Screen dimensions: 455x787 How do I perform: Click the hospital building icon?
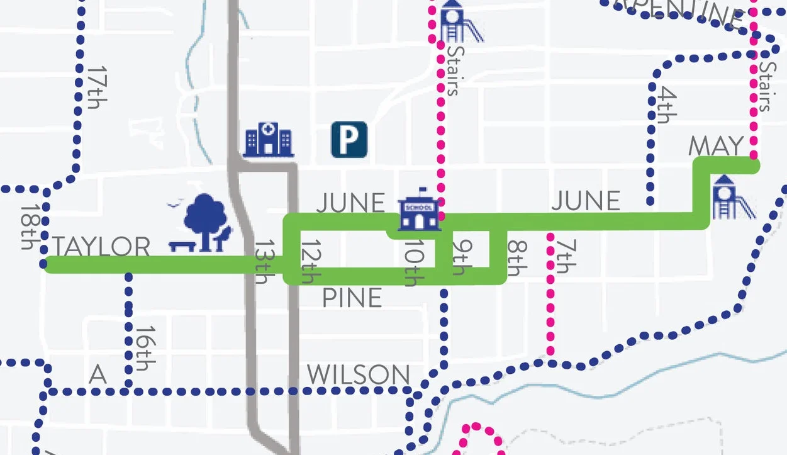point(269,139)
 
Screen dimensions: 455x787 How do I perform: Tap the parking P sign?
point(349,140)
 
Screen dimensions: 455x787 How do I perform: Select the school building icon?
point(418,209)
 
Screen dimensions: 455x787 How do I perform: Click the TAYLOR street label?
point(101,247)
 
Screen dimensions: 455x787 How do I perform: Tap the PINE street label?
point(352,298)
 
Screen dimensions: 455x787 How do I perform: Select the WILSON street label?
point(358,376)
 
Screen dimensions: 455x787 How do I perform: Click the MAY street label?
point(716,147)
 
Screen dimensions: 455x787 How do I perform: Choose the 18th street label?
point(28,227)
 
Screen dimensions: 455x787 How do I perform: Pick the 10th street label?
point(411,262)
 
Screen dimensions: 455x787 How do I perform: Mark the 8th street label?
point(515,258)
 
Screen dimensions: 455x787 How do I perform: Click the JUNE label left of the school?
point(350,203)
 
